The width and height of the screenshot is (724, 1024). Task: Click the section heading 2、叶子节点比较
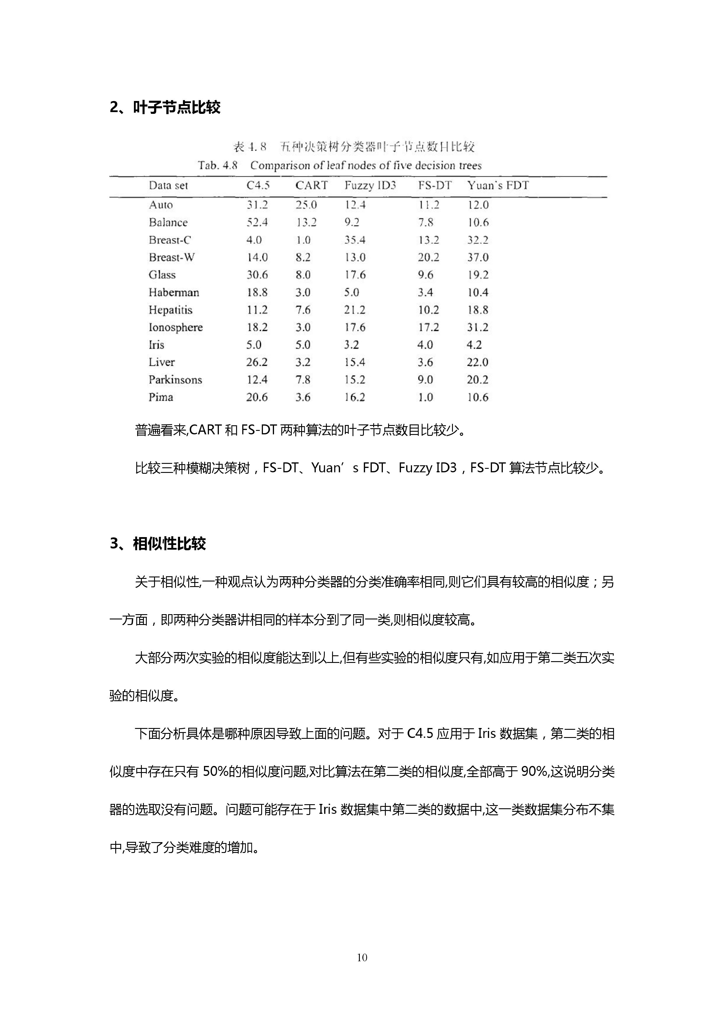[x=165, y=107]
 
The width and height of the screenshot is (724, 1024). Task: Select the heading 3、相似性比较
[x=158, y=544]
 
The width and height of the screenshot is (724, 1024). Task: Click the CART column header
[x=311, y=186]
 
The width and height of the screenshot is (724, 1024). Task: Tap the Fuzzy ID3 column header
[x=370, y=186]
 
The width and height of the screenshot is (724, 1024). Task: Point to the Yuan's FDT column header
[x=498, y=186]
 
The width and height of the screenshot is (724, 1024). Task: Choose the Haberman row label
[x=174, y=292]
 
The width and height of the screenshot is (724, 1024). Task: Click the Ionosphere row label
[x=176, y=327]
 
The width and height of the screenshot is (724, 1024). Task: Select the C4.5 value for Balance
[x=257, y=222]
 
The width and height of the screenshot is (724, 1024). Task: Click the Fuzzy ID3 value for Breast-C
[x=355, y=240]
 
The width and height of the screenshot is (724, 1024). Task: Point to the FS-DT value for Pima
[x=425, y=397]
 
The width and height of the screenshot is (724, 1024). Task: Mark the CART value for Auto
[x=306, y=205]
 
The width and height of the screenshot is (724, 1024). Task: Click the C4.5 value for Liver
[x=257, y=362]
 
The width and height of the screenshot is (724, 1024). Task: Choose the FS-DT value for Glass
[x=425, y=275]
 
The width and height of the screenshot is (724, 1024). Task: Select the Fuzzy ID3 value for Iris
[x=351, y=345]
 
